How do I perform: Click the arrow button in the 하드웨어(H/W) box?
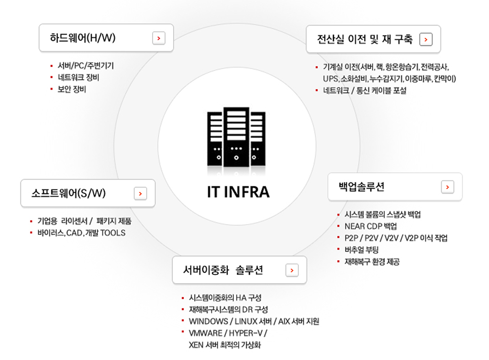coord(158,38)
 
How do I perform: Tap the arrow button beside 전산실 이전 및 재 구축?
coord(426,40)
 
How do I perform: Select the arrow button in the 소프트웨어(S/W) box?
coord(140,194)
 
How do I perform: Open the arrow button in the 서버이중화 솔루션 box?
coord(292,270)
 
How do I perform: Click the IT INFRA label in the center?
coord(238,192)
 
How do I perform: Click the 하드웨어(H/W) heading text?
coord(83,38)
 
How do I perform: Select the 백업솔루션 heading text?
coord(362,187)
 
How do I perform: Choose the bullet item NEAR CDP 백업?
coord(370,226)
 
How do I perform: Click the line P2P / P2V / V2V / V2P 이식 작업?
coord(396,238)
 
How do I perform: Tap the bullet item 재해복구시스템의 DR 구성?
coord(228,309)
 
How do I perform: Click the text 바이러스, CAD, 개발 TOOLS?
coord(81,233)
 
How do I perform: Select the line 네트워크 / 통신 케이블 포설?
coord(364,90)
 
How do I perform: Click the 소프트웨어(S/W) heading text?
coord(68,193)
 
